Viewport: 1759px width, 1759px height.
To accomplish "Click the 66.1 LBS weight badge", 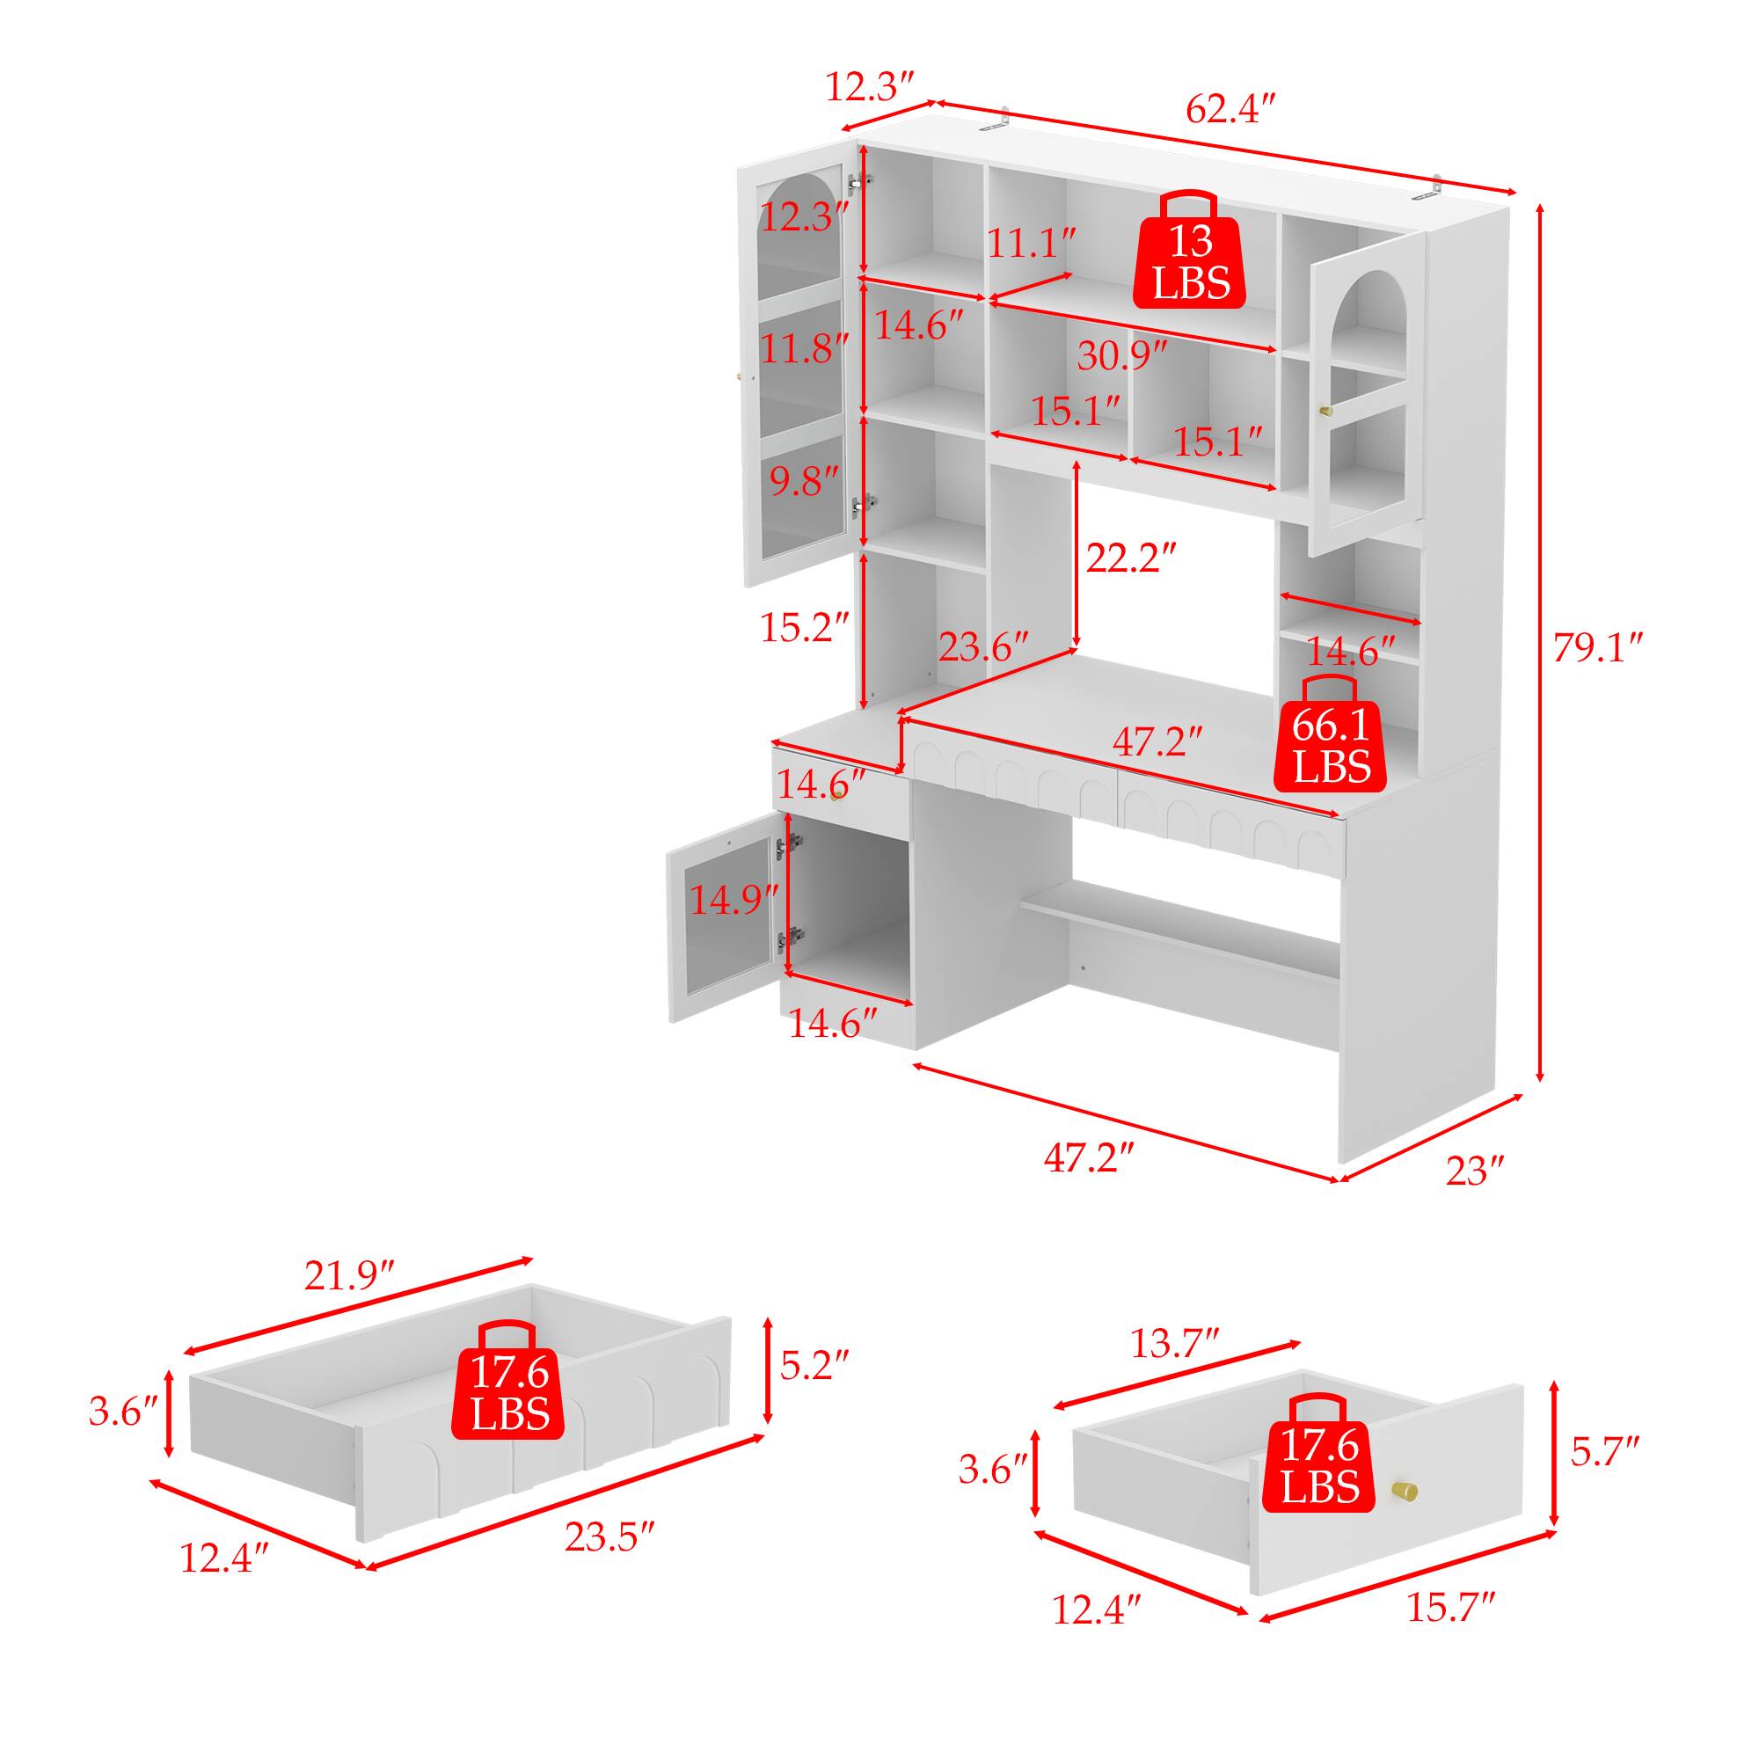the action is tap(1331, 732).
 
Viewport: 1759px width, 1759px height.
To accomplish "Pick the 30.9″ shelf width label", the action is tap(1122, 355).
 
